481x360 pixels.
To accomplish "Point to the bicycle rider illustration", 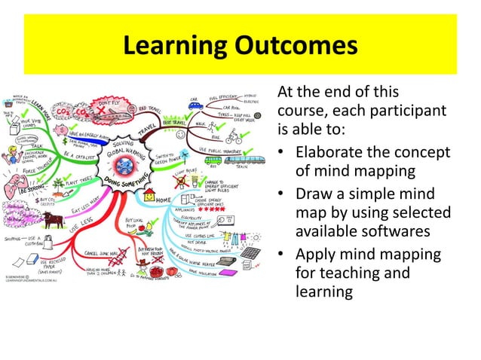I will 234,137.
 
